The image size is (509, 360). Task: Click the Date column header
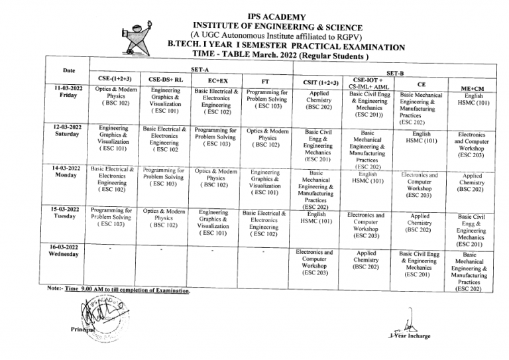click(x=69, y=70)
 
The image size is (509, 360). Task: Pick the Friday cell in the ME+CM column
click(x=473, y=101)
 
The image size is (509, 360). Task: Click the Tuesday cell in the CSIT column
click(x=316, y=219)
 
